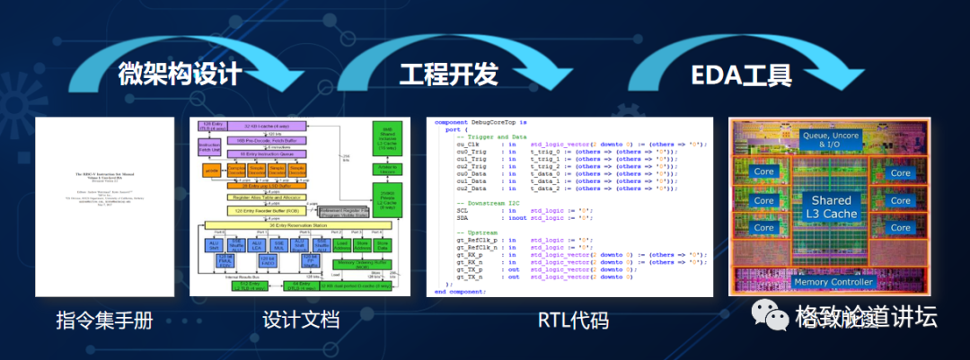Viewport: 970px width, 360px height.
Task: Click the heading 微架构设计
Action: pyautogui.click(x=180, y=74)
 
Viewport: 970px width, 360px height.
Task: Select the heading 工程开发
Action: pyautogui.click(x=448, y=74)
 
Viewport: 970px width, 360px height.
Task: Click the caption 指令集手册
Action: pyautogui.click(x=98, y=320)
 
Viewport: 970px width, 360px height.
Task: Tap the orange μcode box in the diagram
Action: pyautogui.click(x=212, y=170)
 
